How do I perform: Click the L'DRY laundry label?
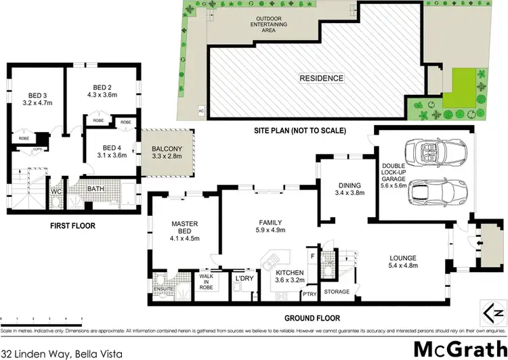click(243, 278)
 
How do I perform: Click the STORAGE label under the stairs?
click(337, 292)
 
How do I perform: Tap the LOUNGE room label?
click(402, 257)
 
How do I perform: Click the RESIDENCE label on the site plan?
click(321, 78)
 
